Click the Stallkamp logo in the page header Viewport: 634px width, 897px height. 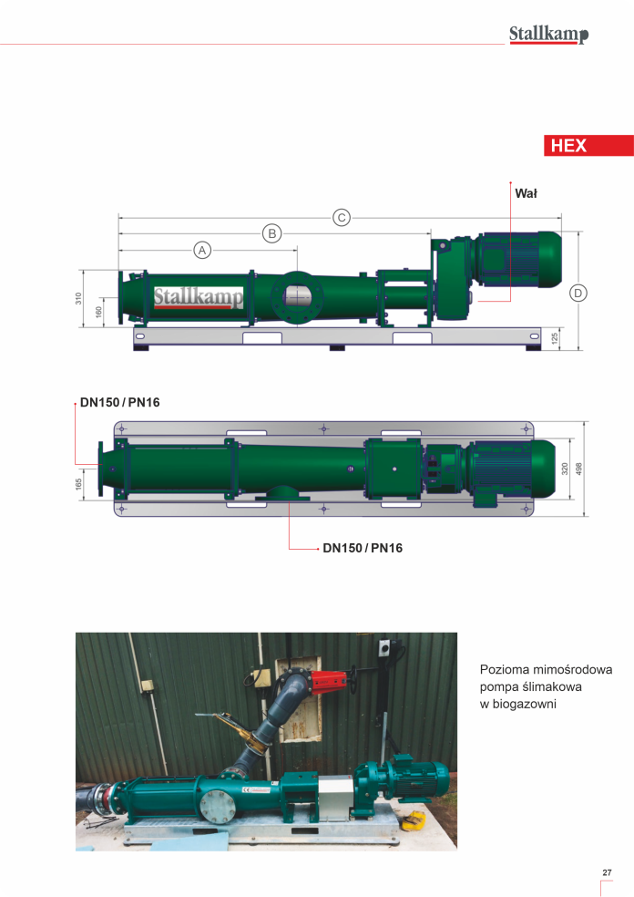548,35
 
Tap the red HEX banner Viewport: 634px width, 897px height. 588,145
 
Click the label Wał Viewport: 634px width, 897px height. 526,193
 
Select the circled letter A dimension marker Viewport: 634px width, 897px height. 202,250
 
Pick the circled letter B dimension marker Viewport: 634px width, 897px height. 272,233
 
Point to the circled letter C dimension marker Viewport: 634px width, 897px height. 342,217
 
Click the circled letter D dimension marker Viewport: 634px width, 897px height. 578,293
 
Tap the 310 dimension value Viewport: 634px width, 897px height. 78,298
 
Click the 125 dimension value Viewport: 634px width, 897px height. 555,338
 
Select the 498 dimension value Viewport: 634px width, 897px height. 578,469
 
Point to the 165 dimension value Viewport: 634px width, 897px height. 78,484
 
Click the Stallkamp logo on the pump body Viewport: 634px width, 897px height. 199,297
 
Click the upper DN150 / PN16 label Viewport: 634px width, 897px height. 120,402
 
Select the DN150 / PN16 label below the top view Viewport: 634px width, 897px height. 363,548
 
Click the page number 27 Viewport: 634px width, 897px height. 608,872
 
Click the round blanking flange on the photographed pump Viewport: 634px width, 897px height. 218,806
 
